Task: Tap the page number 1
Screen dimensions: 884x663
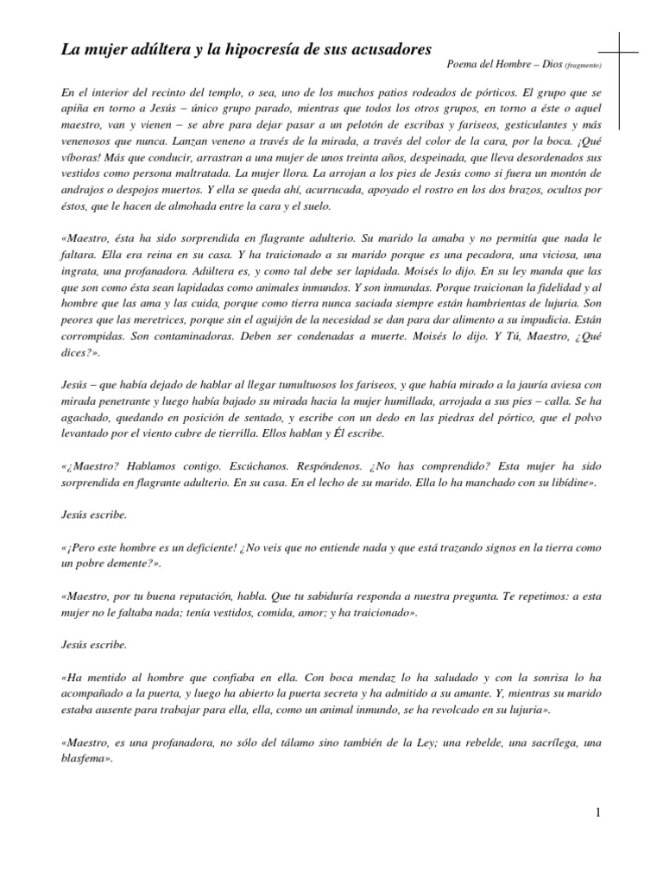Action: [597, 813]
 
